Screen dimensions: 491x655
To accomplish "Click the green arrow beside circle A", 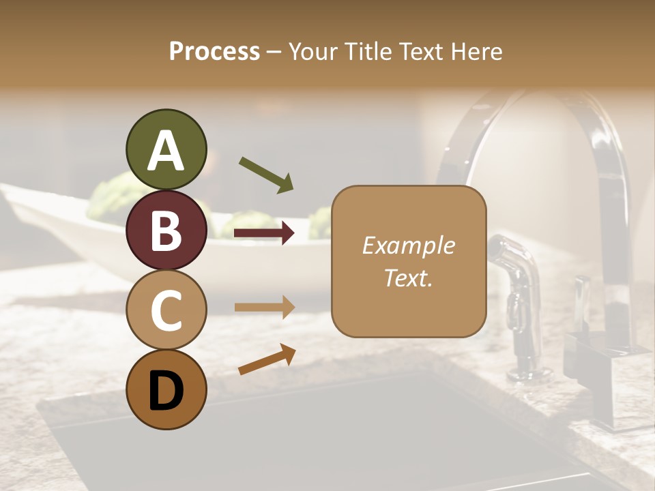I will click(x=266, y=175).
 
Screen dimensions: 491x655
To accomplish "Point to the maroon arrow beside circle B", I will click(x=264, y=233).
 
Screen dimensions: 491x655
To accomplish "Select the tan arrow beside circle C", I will click(x=264, y=306).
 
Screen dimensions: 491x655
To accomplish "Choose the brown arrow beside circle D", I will click(x=267, y=359).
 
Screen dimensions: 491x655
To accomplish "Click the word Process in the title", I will click(x=214, y=51).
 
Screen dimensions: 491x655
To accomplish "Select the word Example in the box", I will click(x=408, y=245).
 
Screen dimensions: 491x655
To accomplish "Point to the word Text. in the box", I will click(x=408, y=278).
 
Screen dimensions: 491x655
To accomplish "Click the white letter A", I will click(x=166, y=151).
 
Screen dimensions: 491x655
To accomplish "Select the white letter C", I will click(x=166, y=311).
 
